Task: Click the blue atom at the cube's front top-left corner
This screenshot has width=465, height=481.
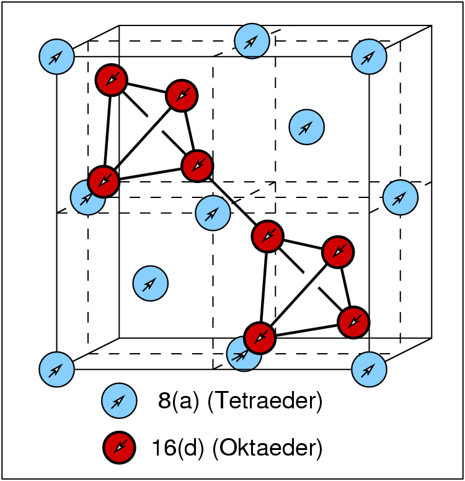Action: [56, 56]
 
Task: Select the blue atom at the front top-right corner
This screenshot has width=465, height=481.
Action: [370, 56]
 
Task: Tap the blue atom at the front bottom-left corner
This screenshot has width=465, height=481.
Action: [56, 369]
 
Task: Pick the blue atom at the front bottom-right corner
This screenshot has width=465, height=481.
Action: [370, 369]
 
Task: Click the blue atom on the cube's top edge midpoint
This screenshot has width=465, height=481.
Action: [251, 40]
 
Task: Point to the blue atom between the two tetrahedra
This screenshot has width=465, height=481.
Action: [213, 212]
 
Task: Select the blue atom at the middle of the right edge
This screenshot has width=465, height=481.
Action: [401, 197]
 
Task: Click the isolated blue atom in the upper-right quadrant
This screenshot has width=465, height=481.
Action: [307, 127]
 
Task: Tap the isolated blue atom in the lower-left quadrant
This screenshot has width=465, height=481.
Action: [151, 283]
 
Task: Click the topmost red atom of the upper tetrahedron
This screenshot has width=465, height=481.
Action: [112, 80]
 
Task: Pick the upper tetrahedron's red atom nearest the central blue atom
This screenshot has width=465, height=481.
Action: [197, 165]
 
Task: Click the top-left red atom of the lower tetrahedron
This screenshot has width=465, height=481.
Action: [268, 236]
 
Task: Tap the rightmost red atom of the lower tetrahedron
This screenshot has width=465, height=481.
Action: [353, 321]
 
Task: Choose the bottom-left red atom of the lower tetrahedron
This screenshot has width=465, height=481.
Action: [259, 337]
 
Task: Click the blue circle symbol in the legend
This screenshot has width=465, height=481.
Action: [119, 402]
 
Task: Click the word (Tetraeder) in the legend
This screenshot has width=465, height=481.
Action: [265, 402]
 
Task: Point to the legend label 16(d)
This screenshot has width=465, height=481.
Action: [179, 446]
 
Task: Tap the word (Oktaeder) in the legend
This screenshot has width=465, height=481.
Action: [267, 446]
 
